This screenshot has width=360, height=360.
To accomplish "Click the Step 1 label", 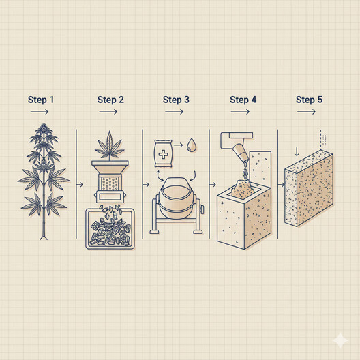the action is click(x=41, y=100).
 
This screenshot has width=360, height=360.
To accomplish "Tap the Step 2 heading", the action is click(x=110, y=100).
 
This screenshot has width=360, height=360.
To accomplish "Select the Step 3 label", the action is click(x=176, y=100).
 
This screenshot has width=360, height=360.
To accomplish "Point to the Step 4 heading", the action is click(x=243, y=100).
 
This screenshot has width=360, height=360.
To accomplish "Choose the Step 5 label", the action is click(x=309, y=100).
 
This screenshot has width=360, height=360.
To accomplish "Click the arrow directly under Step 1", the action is click(x=40, y=112).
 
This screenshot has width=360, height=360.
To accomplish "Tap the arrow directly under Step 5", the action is click(x=306, y=112).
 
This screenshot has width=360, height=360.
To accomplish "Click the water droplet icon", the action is click(x=191, y=145).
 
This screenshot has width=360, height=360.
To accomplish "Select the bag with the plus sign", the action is click(x=163, y=153).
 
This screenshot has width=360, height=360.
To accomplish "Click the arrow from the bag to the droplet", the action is click(x=178, y=145).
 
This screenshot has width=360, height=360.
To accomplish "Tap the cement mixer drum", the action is click(x=176, y=198).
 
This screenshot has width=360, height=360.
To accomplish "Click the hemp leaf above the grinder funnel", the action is click(x=110, y=146).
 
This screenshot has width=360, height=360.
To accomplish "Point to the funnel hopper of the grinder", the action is click(x=110, y=167).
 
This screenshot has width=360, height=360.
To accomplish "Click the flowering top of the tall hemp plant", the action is click(x=43, y=129).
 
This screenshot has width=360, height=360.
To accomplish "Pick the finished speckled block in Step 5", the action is click(x=309, y=188).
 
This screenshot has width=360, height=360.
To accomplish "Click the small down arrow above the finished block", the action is click(x=297, y=151).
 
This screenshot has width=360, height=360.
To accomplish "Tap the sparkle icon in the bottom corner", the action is click(x=340, y=340).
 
